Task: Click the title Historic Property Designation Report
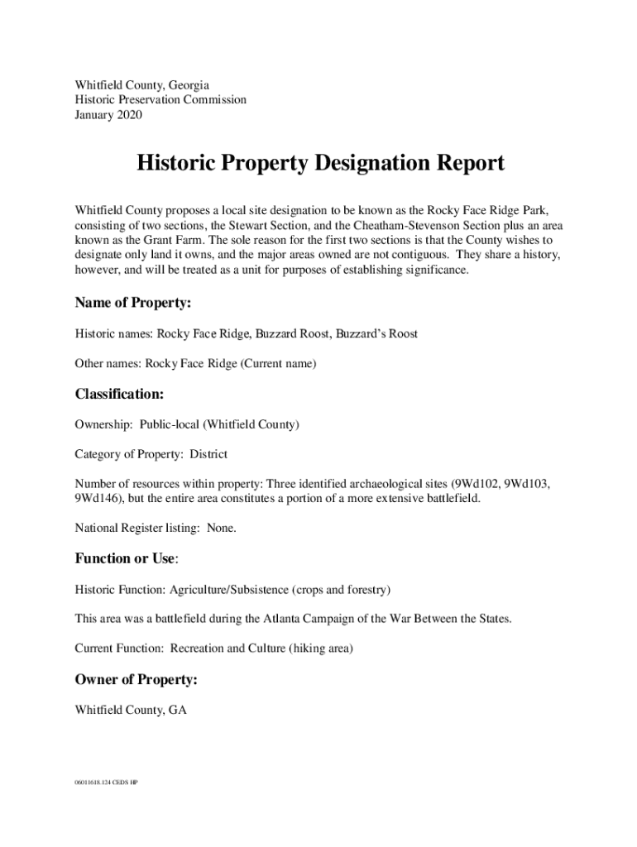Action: [x=320, y=164]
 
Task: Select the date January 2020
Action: [x=108, y=115]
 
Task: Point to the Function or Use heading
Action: [x=125, y=558]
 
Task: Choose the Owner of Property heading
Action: [x=136, y=680]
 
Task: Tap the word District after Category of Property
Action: [x=208, y=455]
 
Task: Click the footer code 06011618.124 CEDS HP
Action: [x=106, y=782]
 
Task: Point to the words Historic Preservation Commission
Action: [x=160, y=100]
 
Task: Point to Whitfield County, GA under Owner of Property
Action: [x=131, y=710]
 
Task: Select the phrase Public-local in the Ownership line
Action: [x=170, y=425]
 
